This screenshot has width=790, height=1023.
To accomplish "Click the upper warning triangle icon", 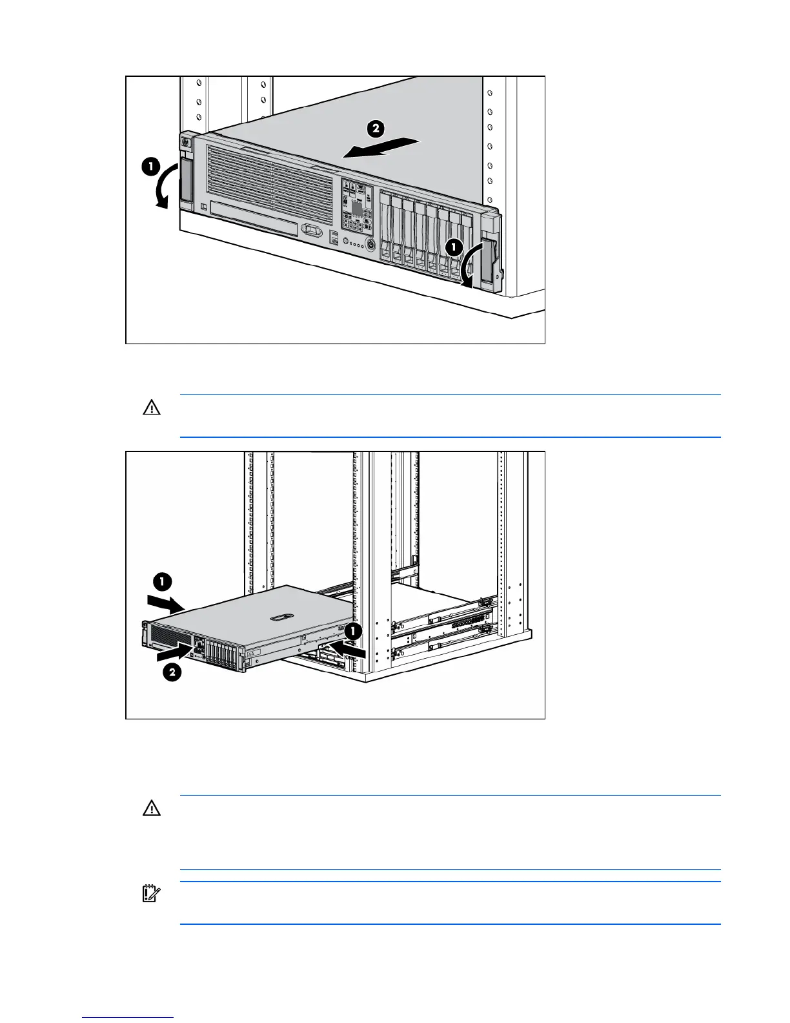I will (x=152, y=408).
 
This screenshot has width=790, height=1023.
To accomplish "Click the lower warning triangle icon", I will (x=152, y=809).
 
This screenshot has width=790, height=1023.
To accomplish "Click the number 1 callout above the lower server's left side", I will (x=162, y=582).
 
